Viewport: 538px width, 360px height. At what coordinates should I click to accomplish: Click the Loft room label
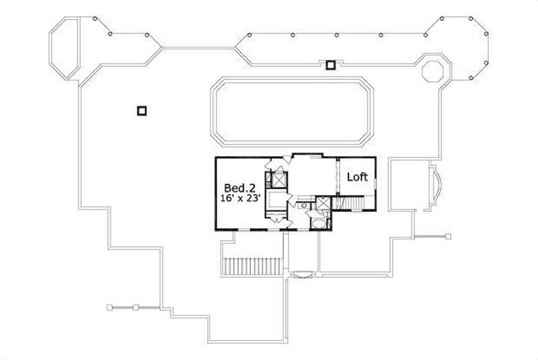(x=357, y=177)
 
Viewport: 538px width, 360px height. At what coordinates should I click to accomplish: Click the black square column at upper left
(x=141, y=111)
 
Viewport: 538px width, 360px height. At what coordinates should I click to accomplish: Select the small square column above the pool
(x=330, y=65)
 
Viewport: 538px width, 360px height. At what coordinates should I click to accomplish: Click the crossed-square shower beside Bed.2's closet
(x=278, y=180)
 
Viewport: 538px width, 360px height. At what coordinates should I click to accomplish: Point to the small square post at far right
(x=448, y=236)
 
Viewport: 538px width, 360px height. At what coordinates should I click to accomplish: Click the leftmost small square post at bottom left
(x=110, y=308)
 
